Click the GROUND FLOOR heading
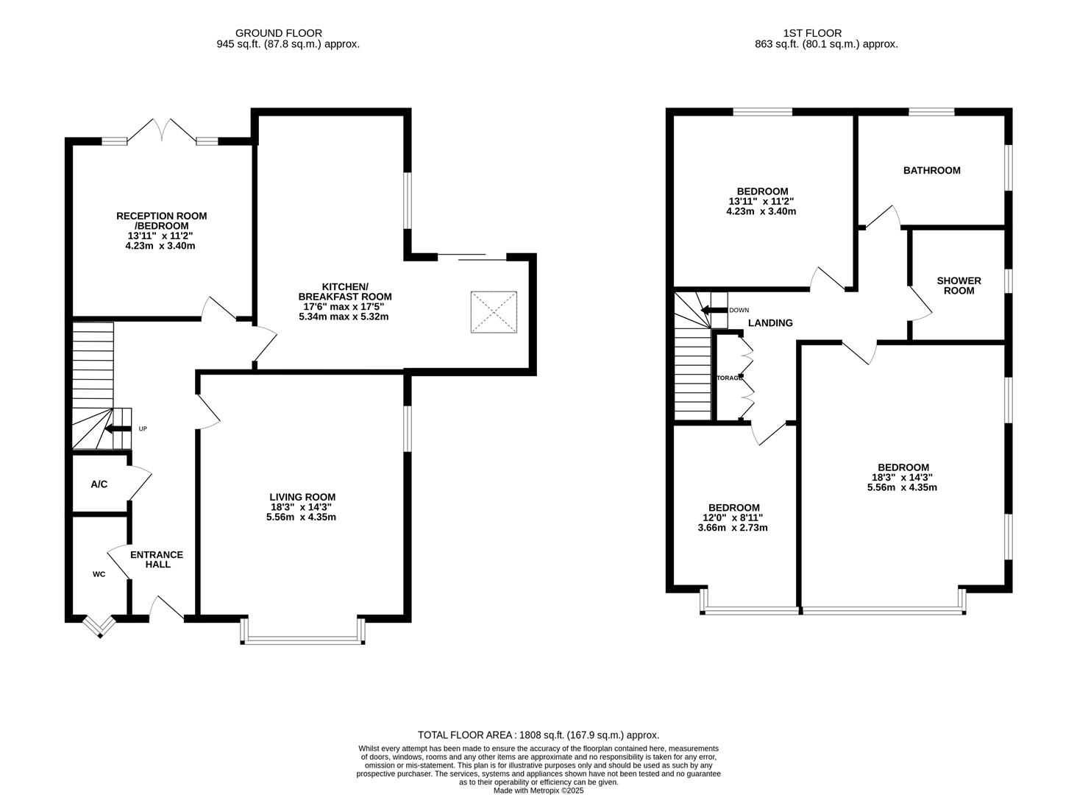tap(278, 33)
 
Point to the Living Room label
tap(302, 497)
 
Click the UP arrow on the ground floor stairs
tap(118, 428)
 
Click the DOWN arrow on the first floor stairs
tap(714, 310)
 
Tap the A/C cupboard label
tap(99, 484)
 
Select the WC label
tap(99, 574)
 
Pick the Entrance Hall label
tap(157, 559)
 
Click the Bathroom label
tap(931, 171)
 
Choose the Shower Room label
tap(959, 286)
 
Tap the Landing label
tap(770, 323)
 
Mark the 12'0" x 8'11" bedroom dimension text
tap(733, 517)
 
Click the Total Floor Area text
tap(538, 735)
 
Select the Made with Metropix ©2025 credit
tap(538, 791)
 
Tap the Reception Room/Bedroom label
tap(161, 221)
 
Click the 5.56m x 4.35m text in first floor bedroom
tap(903, 487)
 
